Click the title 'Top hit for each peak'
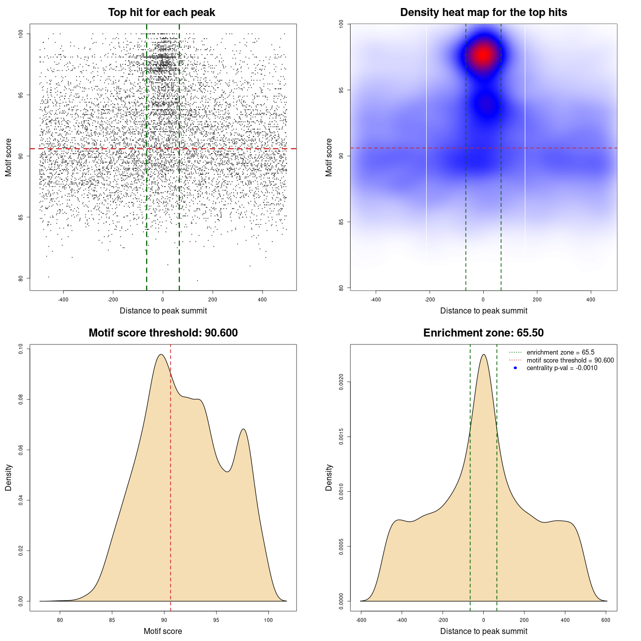(161, 13)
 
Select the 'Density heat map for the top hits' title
(483, 13)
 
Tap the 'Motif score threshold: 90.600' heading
(163, 333)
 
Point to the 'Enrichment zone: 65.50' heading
(483, 333)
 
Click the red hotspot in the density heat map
(483, 55)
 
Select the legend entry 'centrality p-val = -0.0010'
(561, 368)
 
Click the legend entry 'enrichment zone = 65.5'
(560, 353)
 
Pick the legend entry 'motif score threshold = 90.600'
(570, 361)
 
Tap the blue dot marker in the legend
(515, 368)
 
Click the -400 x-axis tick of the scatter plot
(63, 299)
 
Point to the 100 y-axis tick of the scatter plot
(21, 34)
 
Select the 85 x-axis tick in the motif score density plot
(112, 620)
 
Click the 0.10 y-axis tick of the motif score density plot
(21, 348)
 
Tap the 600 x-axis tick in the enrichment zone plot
(606, 620)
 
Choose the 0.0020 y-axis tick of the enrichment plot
(342, 382)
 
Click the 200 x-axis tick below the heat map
(537, 299)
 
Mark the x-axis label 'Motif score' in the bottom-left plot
(163, 631)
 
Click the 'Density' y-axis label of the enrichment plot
(329, 477)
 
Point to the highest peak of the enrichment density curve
(483, 355)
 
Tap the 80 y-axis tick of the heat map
(342, 287)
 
